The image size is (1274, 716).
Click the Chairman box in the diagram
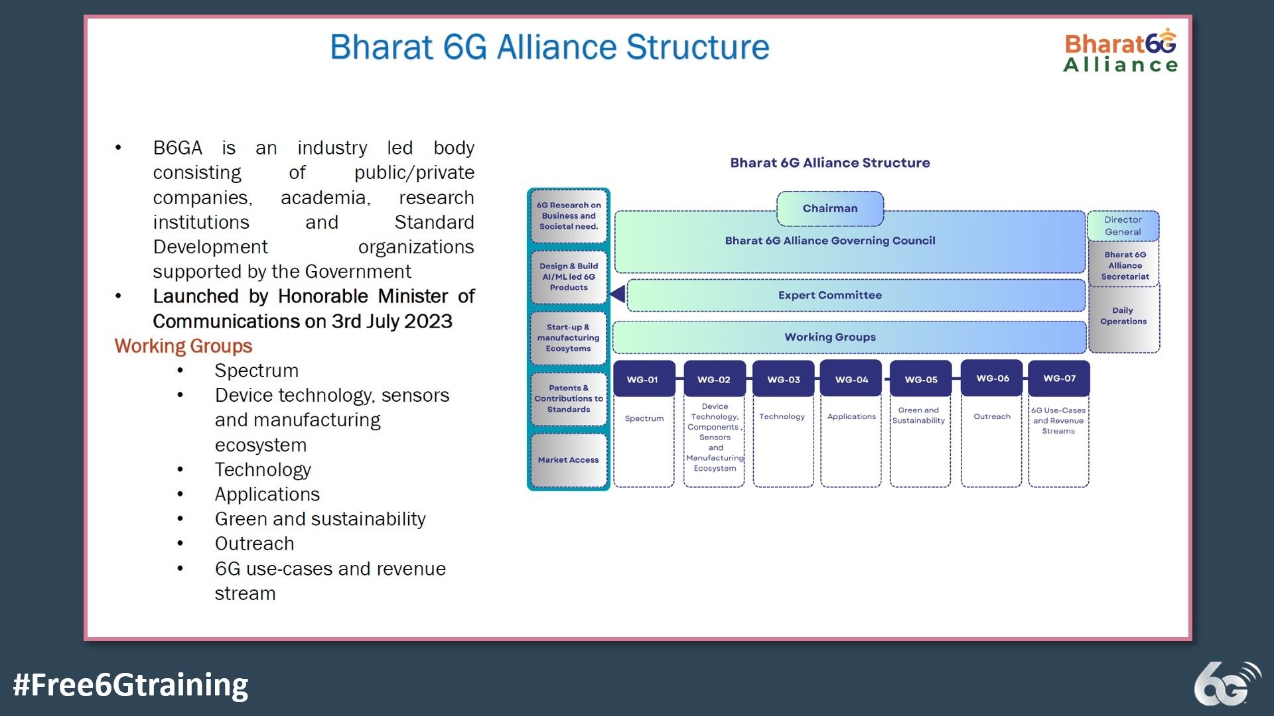point(829,208)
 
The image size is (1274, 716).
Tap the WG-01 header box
point(643,379)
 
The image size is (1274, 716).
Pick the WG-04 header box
point(851,379)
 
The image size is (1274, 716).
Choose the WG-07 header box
point(1059,379)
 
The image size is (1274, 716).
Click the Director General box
point(1123,226)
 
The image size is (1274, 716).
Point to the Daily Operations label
point(1123,316)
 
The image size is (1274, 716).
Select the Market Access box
point(569,460)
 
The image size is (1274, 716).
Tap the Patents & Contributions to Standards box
point(569,398)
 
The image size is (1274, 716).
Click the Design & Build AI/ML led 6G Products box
point(569,276)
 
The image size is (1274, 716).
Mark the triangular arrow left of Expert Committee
point(618,294)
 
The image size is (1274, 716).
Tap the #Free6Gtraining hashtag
point(131,685)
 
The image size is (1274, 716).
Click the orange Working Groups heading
point(183,346)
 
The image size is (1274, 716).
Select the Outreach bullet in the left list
point(254,544)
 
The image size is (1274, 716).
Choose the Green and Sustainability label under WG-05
point(918,416)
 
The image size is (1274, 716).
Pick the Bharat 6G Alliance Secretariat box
point(1125,265)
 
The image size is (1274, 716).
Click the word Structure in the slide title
point(697,47)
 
